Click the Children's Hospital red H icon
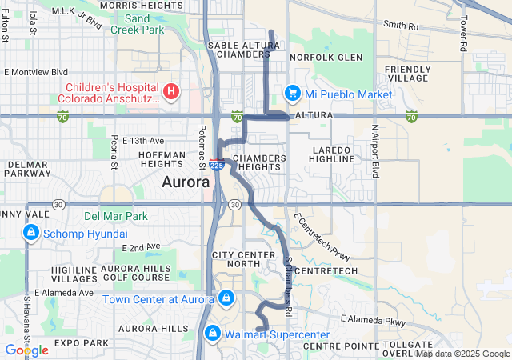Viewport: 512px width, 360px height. (170, 92)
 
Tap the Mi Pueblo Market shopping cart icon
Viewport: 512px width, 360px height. (292, 93)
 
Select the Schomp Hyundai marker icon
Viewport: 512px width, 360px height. (30, 233)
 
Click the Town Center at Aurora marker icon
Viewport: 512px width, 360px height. (226, 298)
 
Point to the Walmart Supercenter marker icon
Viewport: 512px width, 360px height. (213, 332)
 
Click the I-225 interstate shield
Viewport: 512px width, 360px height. (216, 164)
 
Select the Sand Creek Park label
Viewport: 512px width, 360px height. (137, 23)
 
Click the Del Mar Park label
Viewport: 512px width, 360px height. (116, 216)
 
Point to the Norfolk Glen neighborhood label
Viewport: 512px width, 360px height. (326, 58)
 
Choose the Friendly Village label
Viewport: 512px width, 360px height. (408, 74)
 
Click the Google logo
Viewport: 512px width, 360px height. (26, 350)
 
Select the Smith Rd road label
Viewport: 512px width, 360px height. (401, 26)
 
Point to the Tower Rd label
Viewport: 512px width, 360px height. (463, 33)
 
